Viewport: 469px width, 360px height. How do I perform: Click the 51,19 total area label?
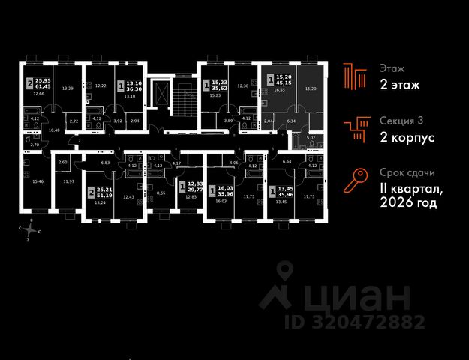click(102, 194)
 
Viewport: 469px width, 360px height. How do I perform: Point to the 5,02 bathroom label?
click(311, 138)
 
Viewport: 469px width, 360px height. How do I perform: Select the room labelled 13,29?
click(67, 88)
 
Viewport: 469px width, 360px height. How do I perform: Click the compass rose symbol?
click(29, 230)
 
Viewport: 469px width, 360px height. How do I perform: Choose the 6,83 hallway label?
click(107, 162)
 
